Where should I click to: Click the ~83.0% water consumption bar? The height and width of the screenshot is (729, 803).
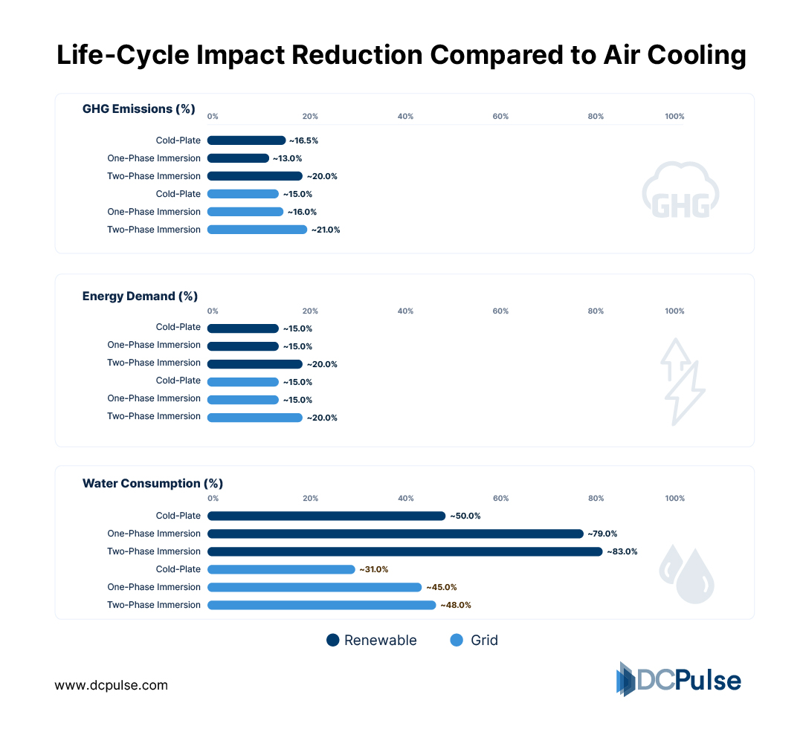pos(404,551)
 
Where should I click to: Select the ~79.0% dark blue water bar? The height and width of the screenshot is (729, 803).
pos(395,534)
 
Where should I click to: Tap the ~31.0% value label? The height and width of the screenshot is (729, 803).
pos(374,569)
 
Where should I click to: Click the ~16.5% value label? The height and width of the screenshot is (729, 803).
pos(303,140)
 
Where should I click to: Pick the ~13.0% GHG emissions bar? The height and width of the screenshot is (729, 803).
pos(238,158)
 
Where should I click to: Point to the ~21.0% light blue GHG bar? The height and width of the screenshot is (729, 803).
pos(257,230)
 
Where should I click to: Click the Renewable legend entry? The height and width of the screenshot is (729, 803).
pos(371,641)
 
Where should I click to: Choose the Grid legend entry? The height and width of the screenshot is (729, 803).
pos(474,641)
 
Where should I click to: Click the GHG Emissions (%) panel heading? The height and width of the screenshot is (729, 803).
pos(138,109)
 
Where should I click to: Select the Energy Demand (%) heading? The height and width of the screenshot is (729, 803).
pos(140,297)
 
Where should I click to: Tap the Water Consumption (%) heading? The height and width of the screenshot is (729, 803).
pos(152,484)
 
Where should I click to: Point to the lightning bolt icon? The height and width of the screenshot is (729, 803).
pos(681,382)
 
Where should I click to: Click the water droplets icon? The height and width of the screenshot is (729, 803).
pos(686,573)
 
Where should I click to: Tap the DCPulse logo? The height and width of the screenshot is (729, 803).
pos(678,679)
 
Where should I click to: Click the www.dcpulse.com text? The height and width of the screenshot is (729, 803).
pos(111,685)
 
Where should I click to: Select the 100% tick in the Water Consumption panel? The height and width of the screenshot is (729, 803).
pos(674,499)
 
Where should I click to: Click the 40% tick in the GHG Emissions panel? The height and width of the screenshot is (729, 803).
pos(405,117)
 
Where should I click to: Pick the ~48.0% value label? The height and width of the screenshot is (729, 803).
pos(456,605)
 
